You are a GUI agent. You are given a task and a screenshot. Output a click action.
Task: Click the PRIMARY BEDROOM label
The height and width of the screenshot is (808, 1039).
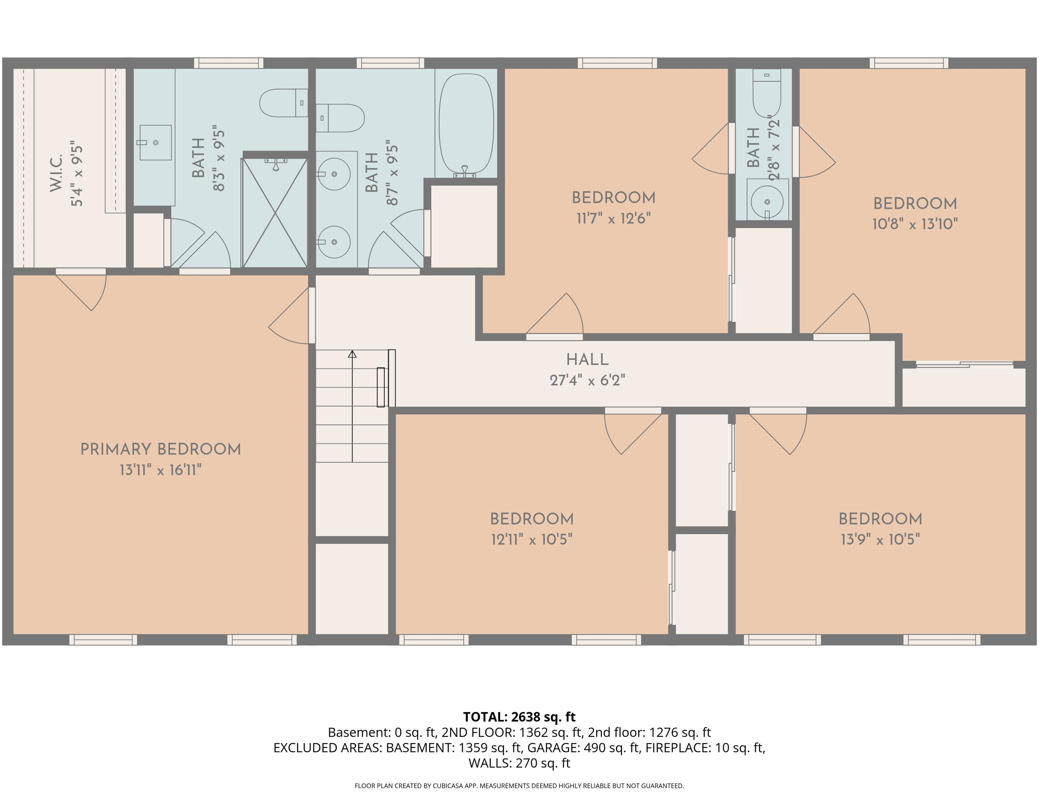[x=160, y=449]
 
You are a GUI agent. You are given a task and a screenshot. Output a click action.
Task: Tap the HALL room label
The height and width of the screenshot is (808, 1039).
[x=587, y=359]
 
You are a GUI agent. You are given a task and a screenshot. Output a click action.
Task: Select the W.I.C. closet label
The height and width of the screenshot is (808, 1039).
[x=56, y=173]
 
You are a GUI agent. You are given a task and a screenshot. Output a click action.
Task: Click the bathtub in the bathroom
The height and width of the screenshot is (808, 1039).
[x=466, y=125]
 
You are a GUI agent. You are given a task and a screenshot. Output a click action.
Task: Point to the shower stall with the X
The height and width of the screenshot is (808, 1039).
[x=275, y=213]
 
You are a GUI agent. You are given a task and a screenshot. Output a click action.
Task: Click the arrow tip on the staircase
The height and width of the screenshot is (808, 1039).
[x=352, y=352]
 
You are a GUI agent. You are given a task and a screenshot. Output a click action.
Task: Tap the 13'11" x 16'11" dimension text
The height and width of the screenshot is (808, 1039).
[x=160, y=470]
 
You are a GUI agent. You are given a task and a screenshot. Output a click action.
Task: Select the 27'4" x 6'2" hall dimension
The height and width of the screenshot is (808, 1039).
[x=587, y=380]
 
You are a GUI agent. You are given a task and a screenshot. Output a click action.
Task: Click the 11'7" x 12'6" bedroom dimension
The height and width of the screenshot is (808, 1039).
[x=613, y=218]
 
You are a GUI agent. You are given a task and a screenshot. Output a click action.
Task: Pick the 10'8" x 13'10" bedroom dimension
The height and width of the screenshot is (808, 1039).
[x=915, y=224]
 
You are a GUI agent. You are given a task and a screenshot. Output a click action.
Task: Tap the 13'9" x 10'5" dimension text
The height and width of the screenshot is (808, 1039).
[x=880, y=539]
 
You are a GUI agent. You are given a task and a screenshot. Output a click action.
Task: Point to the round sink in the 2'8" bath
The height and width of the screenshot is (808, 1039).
[x=767, y=201]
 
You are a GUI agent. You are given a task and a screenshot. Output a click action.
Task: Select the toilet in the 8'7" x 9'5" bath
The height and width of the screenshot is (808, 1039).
[x=340, y=118]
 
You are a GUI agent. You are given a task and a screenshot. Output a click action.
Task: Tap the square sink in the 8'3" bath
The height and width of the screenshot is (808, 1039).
[x=155, y=143]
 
